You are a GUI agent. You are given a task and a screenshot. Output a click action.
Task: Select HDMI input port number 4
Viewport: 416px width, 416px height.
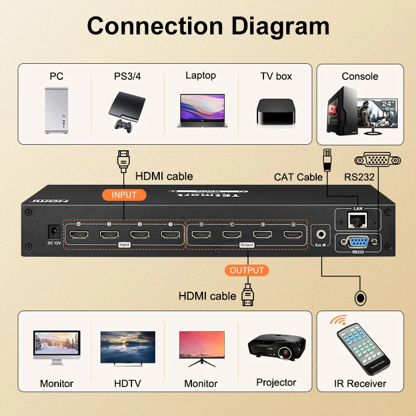tap(79, 235)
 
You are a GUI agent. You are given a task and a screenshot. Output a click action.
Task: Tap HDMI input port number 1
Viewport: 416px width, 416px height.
tap(170, 235)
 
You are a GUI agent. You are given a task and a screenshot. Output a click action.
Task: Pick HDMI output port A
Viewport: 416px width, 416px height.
tap(293, 235)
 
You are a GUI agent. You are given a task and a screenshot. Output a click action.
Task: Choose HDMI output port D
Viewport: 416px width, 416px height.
tap(201, 235)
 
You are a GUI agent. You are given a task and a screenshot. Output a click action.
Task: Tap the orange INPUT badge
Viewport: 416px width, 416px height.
tap(124, 195)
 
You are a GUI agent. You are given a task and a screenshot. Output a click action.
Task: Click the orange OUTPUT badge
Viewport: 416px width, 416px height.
tap(246, 270)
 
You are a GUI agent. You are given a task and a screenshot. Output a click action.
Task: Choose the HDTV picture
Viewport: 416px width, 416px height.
tap(127, 348)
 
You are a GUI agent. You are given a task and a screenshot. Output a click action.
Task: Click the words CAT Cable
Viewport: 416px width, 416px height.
tap(298, 177)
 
